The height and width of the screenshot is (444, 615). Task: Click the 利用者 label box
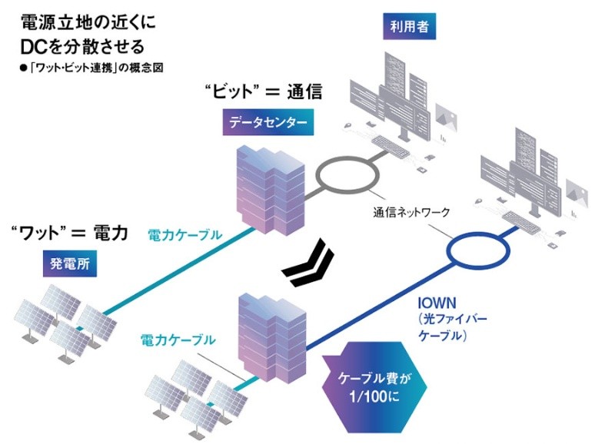click(x=409, y=27)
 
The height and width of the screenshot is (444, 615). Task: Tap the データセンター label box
click(x=268, y=123)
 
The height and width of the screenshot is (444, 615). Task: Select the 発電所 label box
click(x=70, y=263)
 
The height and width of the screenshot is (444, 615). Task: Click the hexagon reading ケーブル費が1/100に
click(x=374, y=387)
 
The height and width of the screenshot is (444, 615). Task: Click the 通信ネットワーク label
click(x=411, y=213)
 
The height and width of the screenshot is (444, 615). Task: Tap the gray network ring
click(x=317, y=175)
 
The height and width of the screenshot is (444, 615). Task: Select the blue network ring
click(x=449, y=250)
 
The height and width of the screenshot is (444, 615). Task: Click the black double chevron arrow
click(x=308, y=263)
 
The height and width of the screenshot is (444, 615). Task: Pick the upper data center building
click(x=271, y=190)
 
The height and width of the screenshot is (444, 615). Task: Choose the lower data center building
click(x=272, y=337)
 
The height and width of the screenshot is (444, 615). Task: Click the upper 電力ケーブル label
click(x=184, y=235)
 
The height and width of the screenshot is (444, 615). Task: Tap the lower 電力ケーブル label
click(x=178, y=340)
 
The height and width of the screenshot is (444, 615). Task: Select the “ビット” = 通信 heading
click(x=264, y=91)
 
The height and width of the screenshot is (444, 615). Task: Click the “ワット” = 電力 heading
click(x=69, y=234)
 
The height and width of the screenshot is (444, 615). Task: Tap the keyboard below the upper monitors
click(x=390, y=145)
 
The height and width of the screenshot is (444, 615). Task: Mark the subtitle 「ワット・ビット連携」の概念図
click(x=91, y=68)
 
